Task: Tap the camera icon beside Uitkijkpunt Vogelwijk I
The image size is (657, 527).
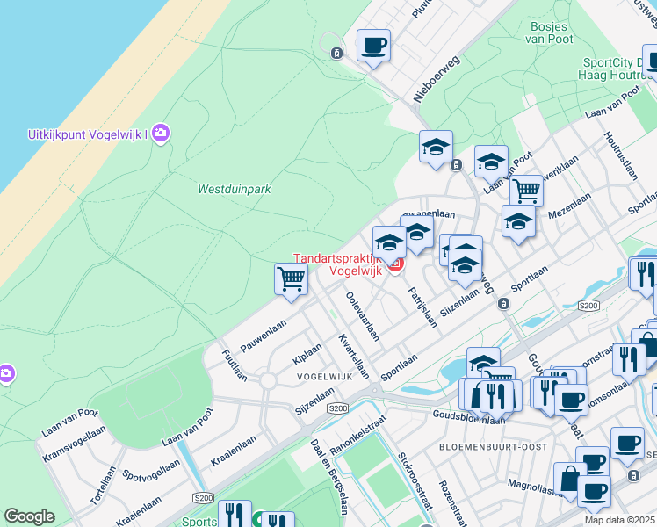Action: click(x=161, y=134)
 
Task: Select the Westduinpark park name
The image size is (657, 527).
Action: click(x=234, y=189)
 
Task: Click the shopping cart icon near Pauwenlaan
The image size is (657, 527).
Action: click(x=291, y=278)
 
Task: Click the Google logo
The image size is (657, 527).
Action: click(x=29, y=516)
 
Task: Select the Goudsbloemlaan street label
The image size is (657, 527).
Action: click(x=468, y=418)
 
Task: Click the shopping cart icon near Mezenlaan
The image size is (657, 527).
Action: click(x=526, y=189)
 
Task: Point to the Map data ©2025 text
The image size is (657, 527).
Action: click(x=619, y=520)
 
